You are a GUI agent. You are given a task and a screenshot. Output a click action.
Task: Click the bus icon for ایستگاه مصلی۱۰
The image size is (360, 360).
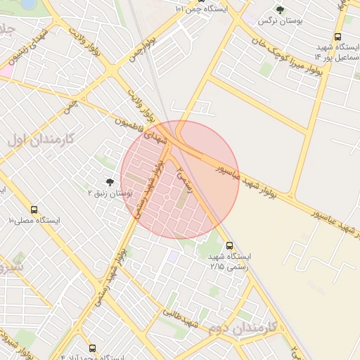click(x=34, y=210)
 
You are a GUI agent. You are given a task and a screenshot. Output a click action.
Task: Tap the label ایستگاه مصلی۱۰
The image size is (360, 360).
click(x=34, y=221)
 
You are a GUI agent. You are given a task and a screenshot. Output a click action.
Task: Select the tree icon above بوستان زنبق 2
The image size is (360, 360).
click(x=109, y=182)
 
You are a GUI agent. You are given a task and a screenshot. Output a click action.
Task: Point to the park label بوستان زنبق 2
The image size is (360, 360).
click(x=110, y=193)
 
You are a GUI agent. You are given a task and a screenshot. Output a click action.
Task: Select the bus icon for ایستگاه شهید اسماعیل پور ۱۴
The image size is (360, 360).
click(x=337, y=37)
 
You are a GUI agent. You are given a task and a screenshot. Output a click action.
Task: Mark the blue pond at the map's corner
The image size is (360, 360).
click(x=28, y=4)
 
